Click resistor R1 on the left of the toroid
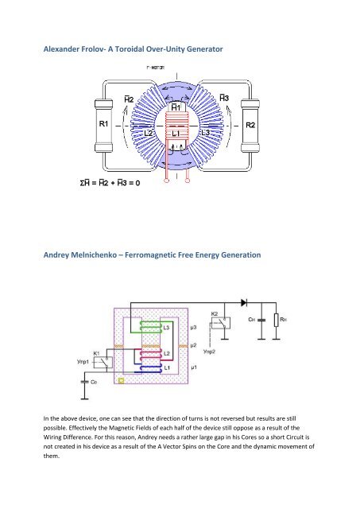(103, 125)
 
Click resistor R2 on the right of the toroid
(250, 125)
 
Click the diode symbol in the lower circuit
(242, 304)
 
